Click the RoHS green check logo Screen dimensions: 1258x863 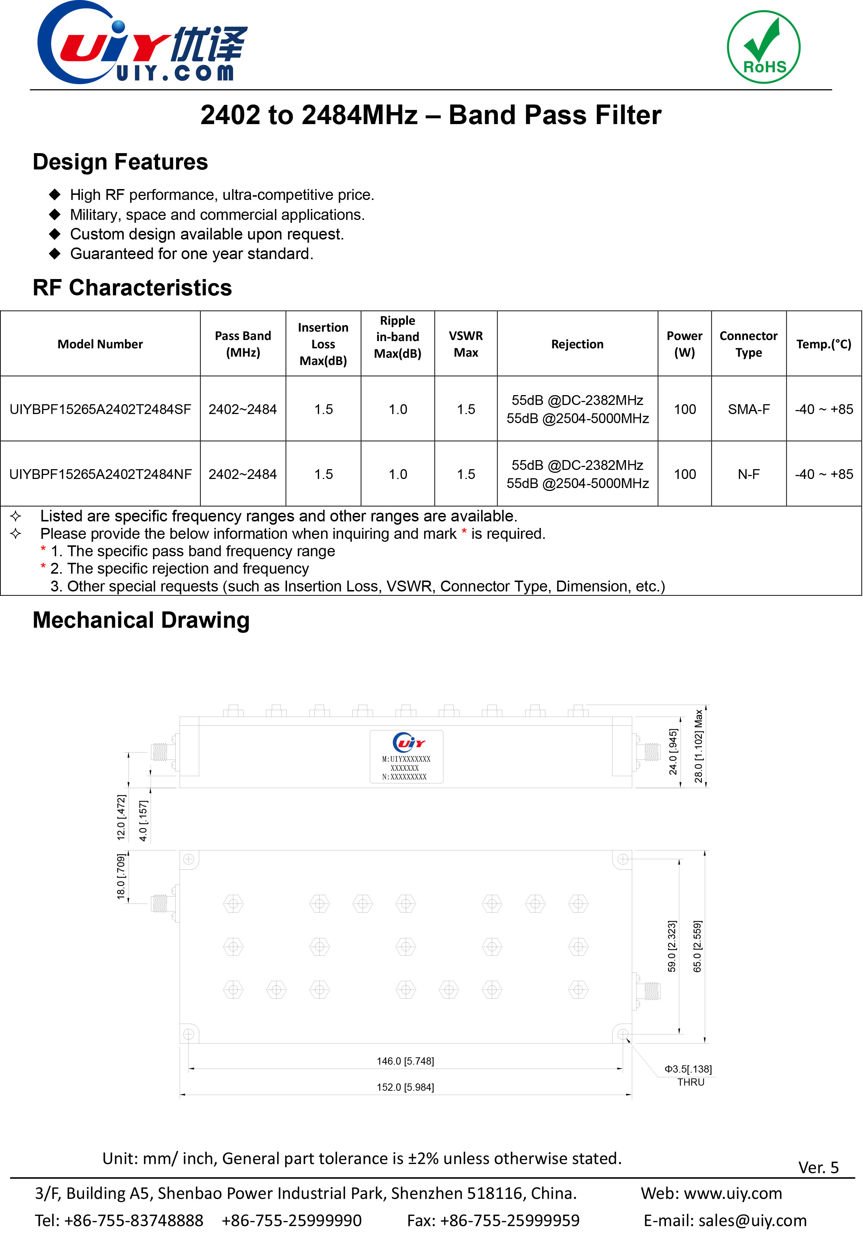764,47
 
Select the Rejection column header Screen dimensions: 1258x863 577,344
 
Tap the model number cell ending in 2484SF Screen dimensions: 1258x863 100,409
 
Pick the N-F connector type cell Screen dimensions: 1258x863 748,474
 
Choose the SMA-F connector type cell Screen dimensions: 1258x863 748,409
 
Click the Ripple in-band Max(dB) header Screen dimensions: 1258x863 397,337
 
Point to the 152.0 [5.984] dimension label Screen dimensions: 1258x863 405,1087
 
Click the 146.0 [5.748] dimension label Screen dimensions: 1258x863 405,1061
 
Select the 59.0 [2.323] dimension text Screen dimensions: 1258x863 672,946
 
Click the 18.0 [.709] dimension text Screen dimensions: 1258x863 121,876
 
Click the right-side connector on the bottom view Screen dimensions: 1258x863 648,991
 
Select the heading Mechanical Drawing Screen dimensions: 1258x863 141,620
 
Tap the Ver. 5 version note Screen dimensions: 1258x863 818,1168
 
